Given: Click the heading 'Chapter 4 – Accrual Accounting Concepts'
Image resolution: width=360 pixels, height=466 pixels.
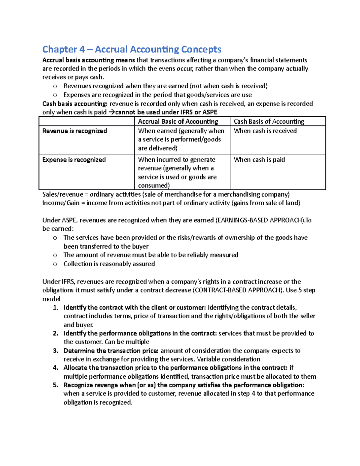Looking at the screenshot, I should (132, 49).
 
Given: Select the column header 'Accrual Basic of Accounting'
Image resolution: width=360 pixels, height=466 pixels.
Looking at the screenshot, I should (178, 122).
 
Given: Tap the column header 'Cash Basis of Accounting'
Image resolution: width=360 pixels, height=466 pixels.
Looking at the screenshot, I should (269, 122).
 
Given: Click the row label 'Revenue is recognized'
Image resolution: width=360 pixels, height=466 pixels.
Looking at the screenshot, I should (74, 131).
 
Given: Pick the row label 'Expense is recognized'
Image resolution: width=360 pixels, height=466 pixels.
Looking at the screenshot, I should (74, 160).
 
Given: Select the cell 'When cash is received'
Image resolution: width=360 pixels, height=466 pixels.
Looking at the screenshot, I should (265, 131).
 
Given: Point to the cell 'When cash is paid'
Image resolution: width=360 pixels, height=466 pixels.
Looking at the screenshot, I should (259, 160).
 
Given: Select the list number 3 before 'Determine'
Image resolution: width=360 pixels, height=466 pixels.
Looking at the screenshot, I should (55, 351).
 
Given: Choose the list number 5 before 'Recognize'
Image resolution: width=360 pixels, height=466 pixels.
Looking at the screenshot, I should (55, 385).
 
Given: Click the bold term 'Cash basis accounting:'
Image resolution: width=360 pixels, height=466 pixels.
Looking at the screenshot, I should (75, 104).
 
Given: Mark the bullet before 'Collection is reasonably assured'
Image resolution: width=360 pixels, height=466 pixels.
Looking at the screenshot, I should (55, 264).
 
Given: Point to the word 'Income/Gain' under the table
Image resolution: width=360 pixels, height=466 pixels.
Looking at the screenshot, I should (61, 203).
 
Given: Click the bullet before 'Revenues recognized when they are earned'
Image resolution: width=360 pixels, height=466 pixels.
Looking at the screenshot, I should (55, 86).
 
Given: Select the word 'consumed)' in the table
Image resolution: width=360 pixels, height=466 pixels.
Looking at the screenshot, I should (154, 185).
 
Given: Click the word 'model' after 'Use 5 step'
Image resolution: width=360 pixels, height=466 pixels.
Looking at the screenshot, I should (51, 299).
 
